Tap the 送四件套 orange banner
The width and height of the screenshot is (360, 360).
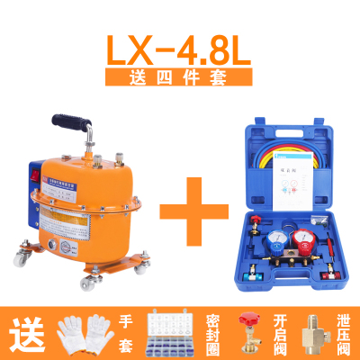pos(180,78)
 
